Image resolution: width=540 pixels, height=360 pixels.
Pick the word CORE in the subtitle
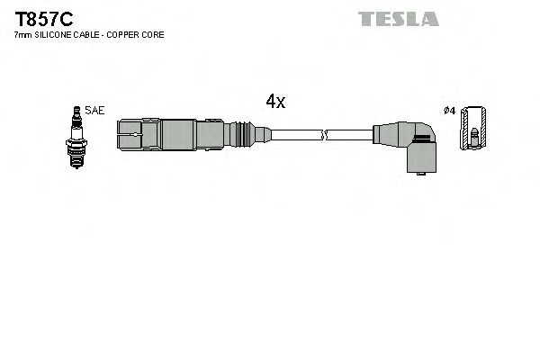[x=154, y=34]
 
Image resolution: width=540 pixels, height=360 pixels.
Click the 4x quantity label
[x=275, y=102]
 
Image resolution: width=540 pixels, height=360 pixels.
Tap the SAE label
[x=95, y=110]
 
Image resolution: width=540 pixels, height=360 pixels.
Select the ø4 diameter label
[x=449, y=111]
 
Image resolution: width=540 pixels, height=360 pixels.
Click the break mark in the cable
[x=327, y=136]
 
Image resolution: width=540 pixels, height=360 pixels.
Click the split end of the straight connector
[x=130, y=136]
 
